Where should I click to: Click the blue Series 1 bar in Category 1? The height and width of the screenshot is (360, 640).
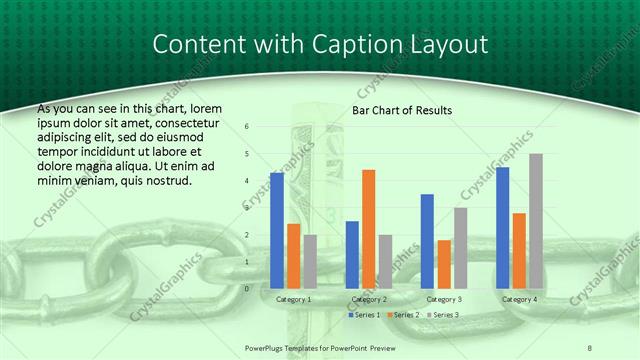pyautogui.click(x=277, y=230)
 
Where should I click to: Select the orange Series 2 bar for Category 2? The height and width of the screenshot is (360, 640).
pyautogui.click(x=368, y=229)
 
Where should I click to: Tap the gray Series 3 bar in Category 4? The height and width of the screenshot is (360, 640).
pyautogui.click(x=536, y=221)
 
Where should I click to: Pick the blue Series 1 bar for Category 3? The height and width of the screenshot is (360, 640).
pyautogui.click(x=427, y=241)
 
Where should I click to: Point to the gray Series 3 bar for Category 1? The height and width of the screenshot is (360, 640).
pyautogui.click(x=310, y=261)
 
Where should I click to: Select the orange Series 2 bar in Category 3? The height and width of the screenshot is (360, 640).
pyautogui.click(x=444, y=264)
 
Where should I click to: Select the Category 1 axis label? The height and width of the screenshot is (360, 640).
pyautogui.click(x=293, y=299)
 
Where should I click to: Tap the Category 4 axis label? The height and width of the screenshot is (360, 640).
pyautogui.click(x=519, y=299)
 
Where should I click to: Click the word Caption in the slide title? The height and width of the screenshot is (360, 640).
pyautogui.click(x=375, y=45)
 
